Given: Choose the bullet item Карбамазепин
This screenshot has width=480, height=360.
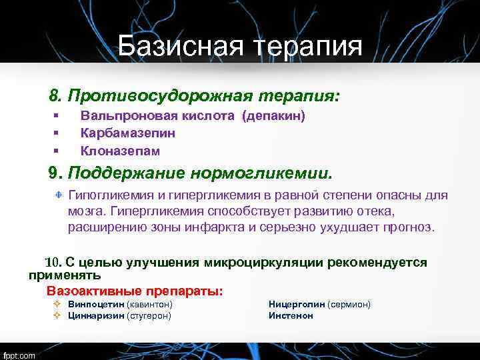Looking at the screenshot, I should click(128, 133).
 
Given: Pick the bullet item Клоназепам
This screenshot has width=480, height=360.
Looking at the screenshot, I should click(120, 151).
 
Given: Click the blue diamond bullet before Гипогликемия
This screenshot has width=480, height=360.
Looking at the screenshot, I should click(59, 195).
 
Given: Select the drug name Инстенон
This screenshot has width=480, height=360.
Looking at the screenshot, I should click(291, 316).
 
